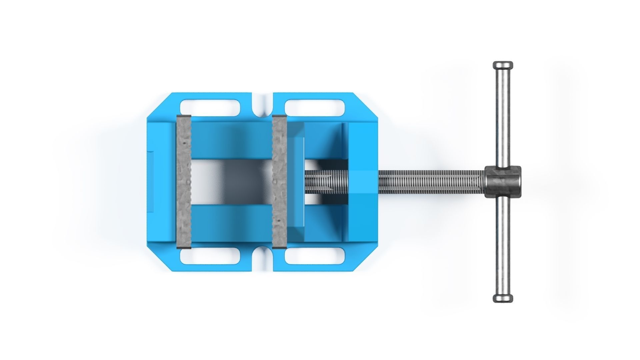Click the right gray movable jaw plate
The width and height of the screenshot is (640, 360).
pyautogui.click(x=279, y=182)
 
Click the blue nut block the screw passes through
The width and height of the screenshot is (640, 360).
pyautogui.click(x=363, y=182)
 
